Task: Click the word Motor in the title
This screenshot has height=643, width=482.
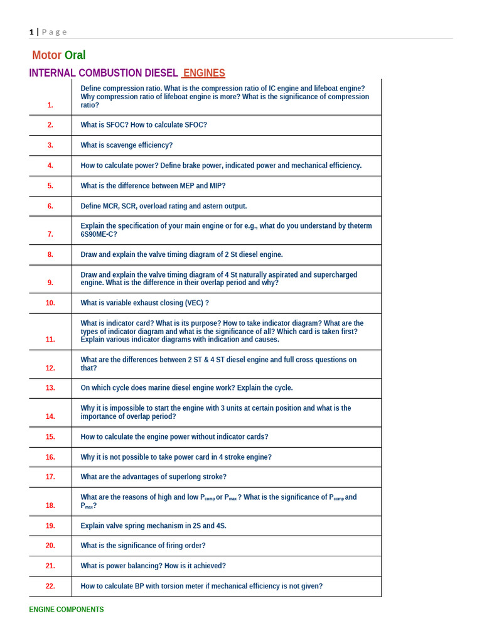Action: (46, 55)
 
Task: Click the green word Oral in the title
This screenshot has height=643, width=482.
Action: (75, 55)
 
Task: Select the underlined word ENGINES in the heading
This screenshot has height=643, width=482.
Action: (204, 73)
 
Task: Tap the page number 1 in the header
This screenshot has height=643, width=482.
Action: (31, 32)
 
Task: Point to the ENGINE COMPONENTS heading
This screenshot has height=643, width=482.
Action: (67, 610)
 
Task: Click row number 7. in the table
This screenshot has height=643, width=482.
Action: (50, 234)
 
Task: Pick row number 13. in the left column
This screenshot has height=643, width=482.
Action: (50, 388)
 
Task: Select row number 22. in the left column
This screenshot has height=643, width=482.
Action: (50, 586)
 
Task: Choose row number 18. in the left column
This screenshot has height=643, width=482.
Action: (50, 505)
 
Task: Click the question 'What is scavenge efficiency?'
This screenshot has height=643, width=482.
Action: (126, 145)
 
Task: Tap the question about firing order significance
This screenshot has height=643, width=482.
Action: (143, 546)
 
